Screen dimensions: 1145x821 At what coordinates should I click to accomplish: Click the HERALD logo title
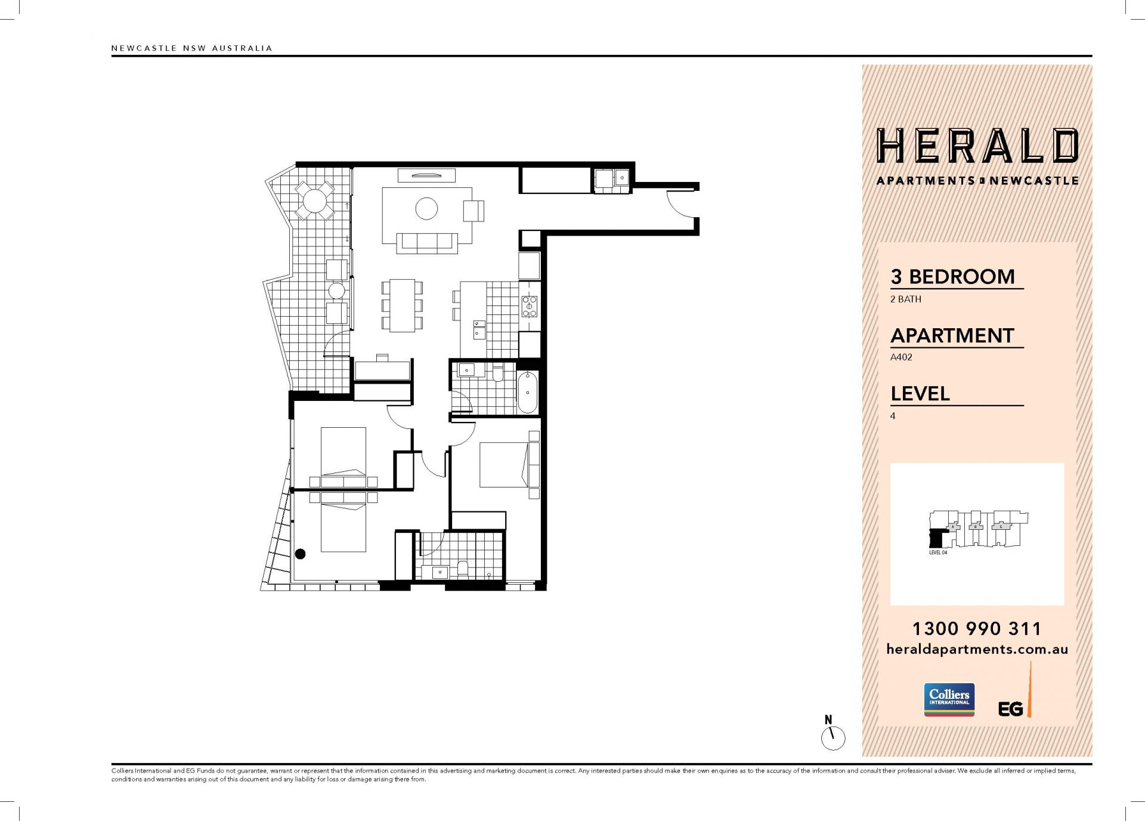point(977,146)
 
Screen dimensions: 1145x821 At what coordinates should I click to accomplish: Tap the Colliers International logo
point(949,699)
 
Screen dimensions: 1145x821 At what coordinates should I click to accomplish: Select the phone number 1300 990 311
point(977,628)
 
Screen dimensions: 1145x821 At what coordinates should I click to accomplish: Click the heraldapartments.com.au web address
point(977,649)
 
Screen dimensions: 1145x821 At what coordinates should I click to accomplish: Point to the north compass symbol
point(833,733)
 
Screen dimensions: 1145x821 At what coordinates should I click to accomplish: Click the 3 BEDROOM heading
point(952,276)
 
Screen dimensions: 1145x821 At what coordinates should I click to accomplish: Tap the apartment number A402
point(901,357)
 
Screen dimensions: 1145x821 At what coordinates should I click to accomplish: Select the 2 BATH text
point(905,299)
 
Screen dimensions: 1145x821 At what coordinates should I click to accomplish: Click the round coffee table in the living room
point(426,208)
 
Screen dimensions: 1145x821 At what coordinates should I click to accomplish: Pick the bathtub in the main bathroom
point(527,392)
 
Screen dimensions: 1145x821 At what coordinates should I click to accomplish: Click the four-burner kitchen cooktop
point(530,306)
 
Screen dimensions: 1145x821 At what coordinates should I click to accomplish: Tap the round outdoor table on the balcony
point(314,200)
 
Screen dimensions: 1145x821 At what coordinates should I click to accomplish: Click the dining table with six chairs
point(402,305)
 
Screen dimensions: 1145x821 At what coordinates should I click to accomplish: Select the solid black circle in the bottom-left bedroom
point(301,554)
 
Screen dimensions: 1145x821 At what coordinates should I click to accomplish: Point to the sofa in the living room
point(426,242)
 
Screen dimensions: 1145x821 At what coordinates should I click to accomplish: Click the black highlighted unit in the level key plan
point(937,539)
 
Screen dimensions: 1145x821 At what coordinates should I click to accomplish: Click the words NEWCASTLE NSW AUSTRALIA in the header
point(191,48)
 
